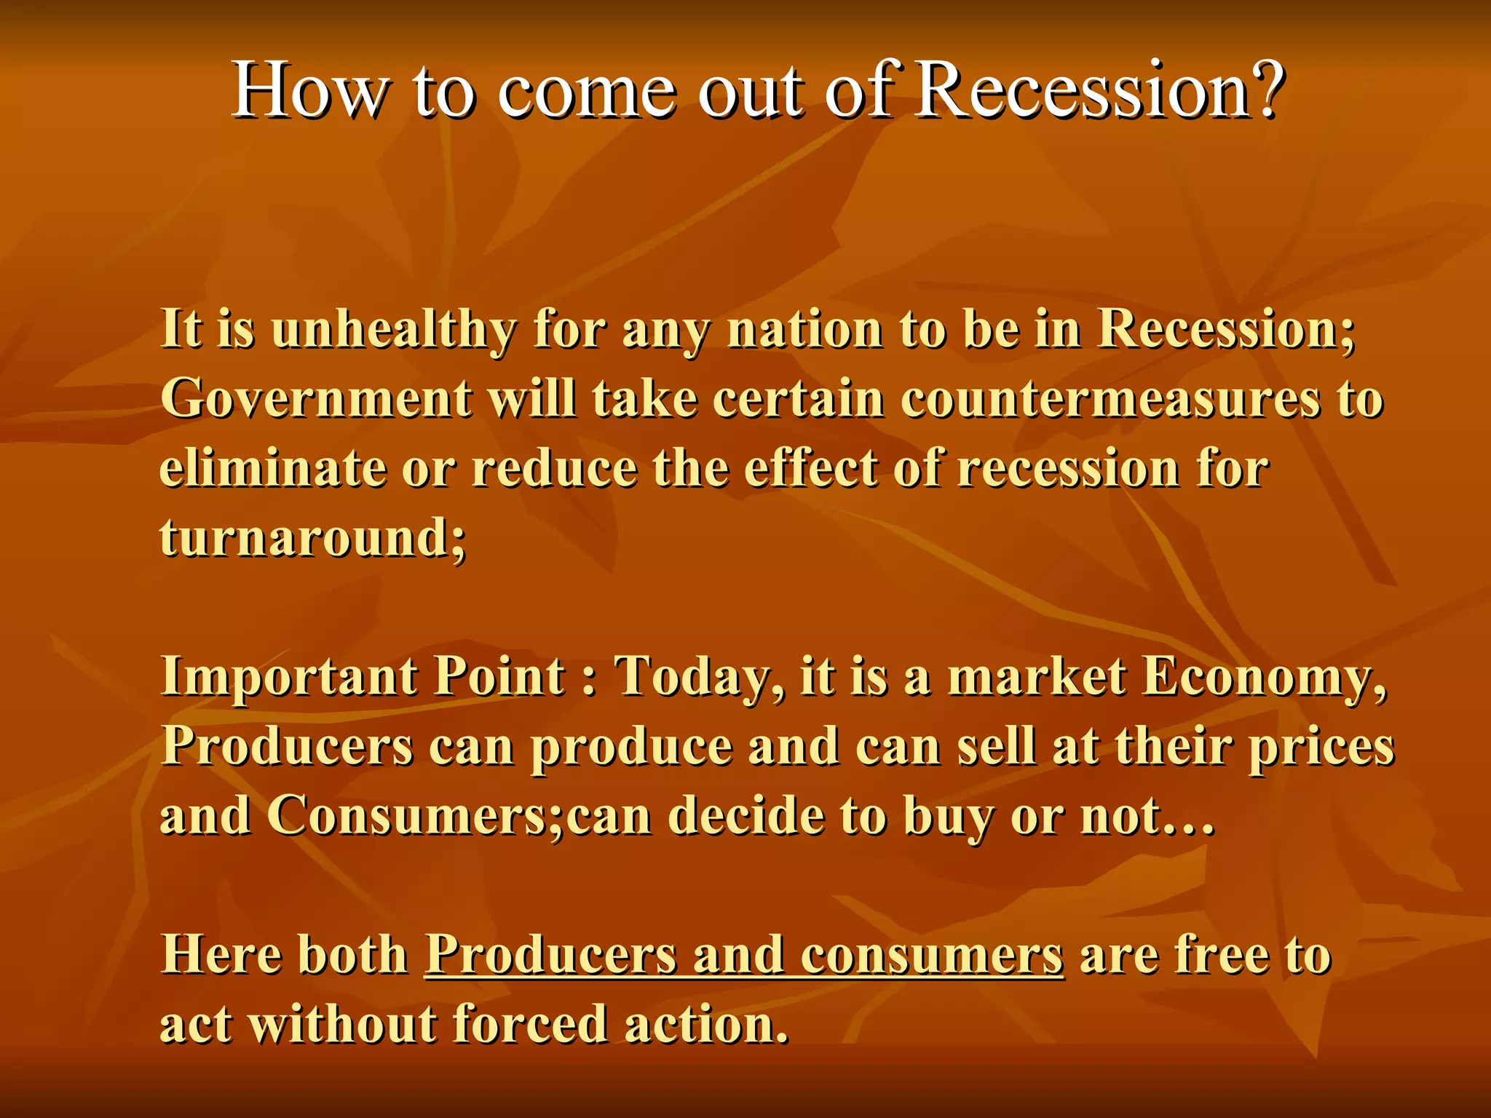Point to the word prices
point(1321,748)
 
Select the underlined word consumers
point(932,955)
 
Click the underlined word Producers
point(550,955)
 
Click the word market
point(1037,677)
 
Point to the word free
point(1221,955)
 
